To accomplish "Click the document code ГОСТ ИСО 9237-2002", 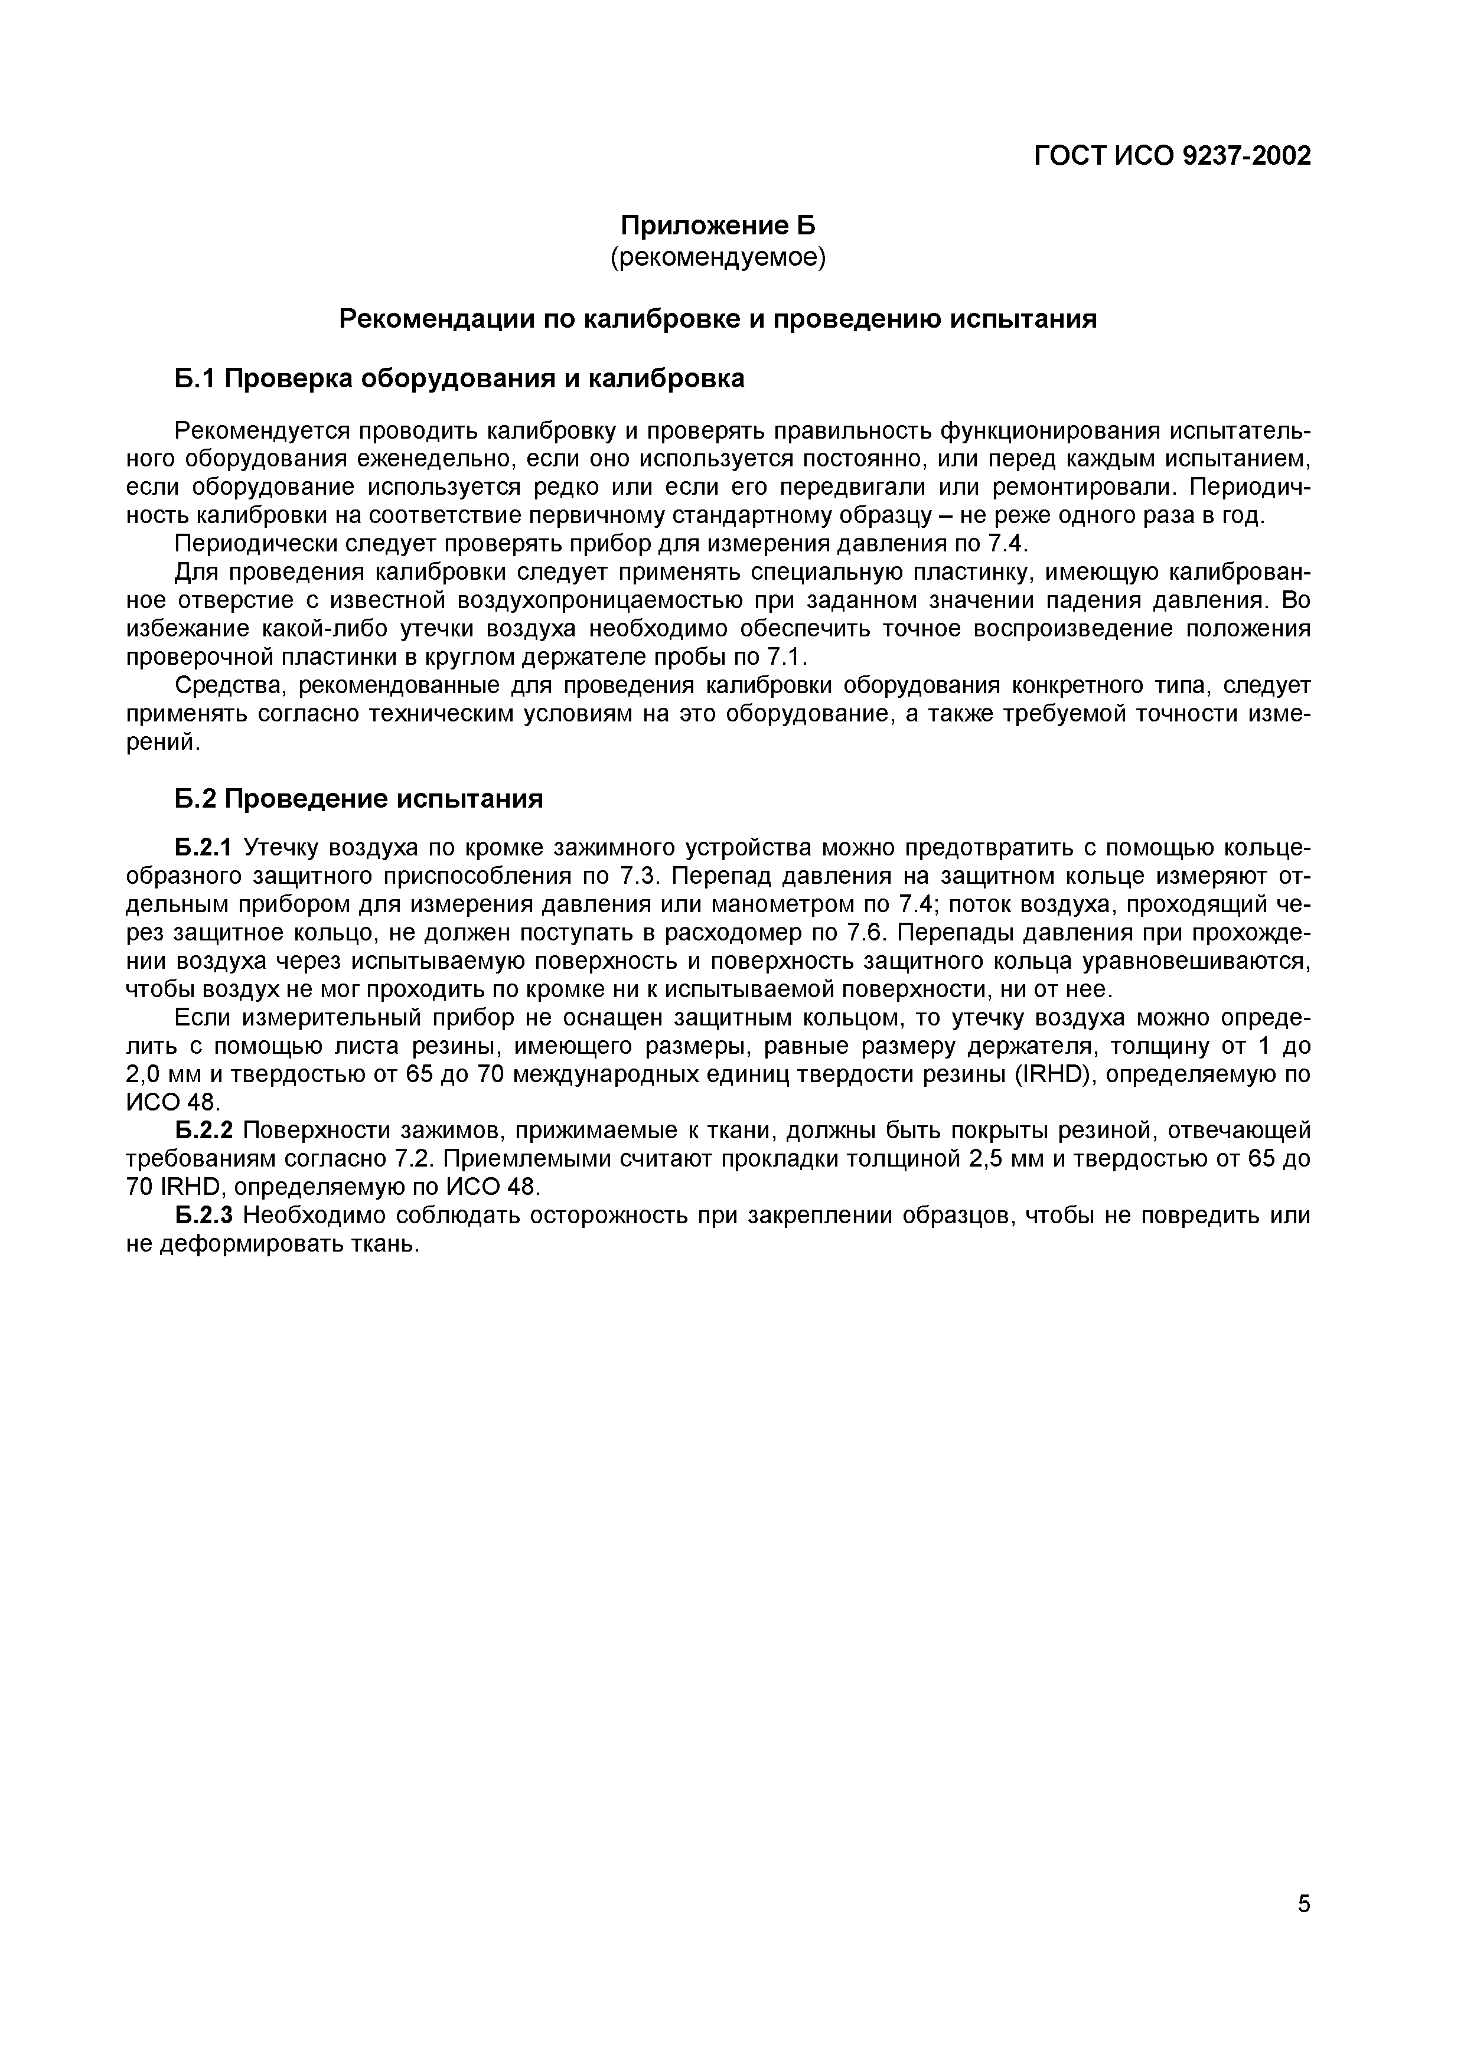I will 1171,156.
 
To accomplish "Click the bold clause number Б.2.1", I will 203,848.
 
